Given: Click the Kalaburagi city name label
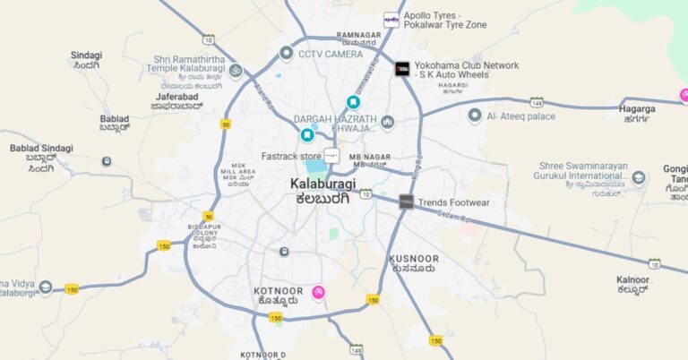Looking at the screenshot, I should (x=322, y=184).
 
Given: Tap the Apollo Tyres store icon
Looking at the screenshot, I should (x=391, y=20).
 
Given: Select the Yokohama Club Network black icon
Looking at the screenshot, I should (x=402, y=68).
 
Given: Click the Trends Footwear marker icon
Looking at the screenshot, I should (x=406, y=202).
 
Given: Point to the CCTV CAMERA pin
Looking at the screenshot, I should (x=286, y=54).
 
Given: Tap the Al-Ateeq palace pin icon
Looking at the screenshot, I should (x=475, y=116).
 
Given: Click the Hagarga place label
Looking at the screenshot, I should (x=637, y=109).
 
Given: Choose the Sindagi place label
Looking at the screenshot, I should (x=87, y=56).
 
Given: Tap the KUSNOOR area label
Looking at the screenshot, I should (x=414, y=259).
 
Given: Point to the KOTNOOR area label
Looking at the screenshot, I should (x=277, y=292).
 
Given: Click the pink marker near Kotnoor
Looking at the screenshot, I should (x=318, y=292).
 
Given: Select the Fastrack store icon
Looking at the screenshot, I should (x=331, y=156).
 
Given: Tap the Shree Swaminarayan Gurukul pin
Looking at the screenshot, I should (x=638, y=176).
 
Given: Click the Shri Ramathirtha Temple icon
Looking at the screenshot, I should (x=236, y=69).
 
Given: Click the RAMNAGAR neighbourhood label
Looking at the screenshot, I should (x=358, y=34).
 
